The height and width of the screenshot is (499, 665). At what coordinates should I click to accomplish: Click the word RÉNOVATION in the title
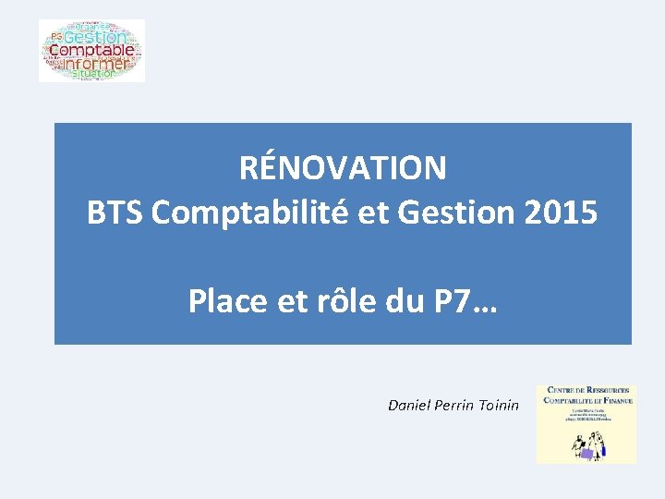[x=343, y=168]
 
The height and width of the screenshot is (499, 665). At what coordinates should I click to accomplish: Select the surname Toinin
[x=501, y=405]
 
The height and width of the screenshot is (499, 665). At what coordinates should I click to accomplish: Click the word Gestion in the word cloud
[x=95, y=38]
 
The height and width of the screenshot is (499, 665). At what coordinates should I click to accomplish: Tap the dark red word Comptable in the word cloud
[x=91, y=51]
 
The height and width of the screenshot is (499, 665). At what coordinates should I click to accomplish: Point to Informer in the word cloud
[x=93, y=64]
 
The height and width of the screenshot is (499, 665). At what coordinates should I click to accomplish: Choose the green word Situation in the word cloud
[x=92, y=73]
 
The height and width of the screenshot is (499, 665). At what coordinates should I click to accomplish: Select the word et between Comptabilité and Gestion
[x=370, y=213]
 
